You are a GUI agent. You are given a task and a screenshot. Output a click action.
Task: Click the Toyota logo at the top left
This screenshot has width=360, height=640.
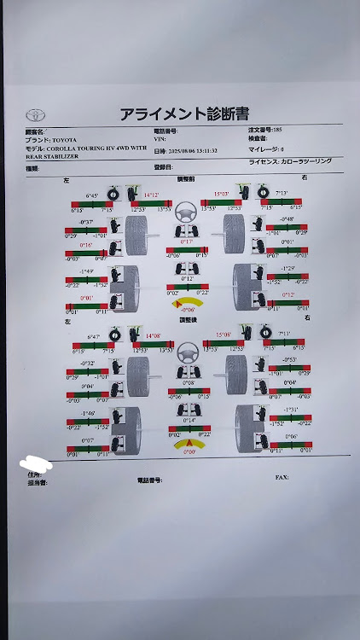(x=34, y=114)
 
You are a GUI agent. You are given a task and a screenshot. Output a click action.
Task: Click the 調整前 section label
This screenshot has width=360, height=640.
(x=185, y=180)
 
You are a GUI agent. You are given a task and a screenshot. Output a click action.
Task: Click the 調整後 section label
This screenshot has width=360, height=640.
(x=187, y=320)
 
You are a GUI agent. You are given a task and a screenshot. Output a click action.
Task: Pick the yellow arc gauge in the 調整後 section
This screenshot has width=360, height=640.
(x=187, y=444)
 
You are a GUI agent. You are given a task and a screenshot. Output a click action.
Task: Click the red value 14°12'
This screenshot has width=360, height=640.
(x=152, y=195)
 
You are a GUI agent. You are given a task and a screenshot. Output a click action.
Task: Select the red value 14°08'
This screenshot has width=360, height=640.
(x=154, y=335)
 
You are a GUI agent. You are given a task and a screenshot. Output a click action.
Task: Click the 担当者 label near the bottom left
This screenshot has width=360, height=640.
(x=38, y=483)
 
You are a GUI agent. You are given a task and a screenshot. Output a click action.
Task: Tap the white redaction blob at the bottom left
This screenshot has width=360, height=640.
(x=35, y=464)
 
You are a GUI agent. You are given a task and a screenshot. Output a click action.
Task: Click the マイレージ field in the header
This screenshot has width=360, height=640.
(x=269, y=149)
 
